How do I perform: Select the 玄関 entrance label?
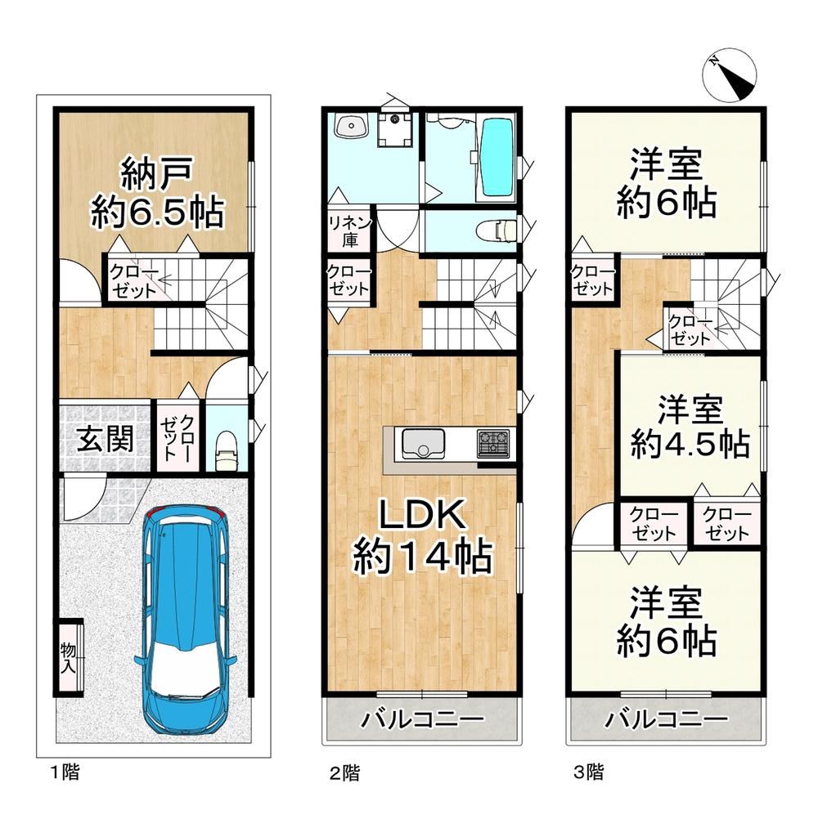pos(105,439)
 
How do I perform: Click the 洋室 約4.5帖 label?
pos(690,427)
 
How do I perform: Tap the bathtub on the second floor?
pos(496,158)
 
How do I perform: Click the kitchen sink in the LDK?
pos(423,444)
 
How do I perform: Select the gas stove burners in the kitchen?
pos(492,444)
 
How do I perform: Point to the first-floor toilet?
pos(227,450)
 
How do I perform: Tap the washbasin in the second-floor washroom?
pos(348,125)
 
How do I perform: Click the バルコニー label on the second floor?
pos(422,719)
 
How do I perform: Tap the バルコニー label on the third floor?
pos(667,719)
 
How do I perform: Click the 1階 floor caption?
pos(65,771)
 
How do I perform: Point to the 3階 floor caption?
pos(588,771)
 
